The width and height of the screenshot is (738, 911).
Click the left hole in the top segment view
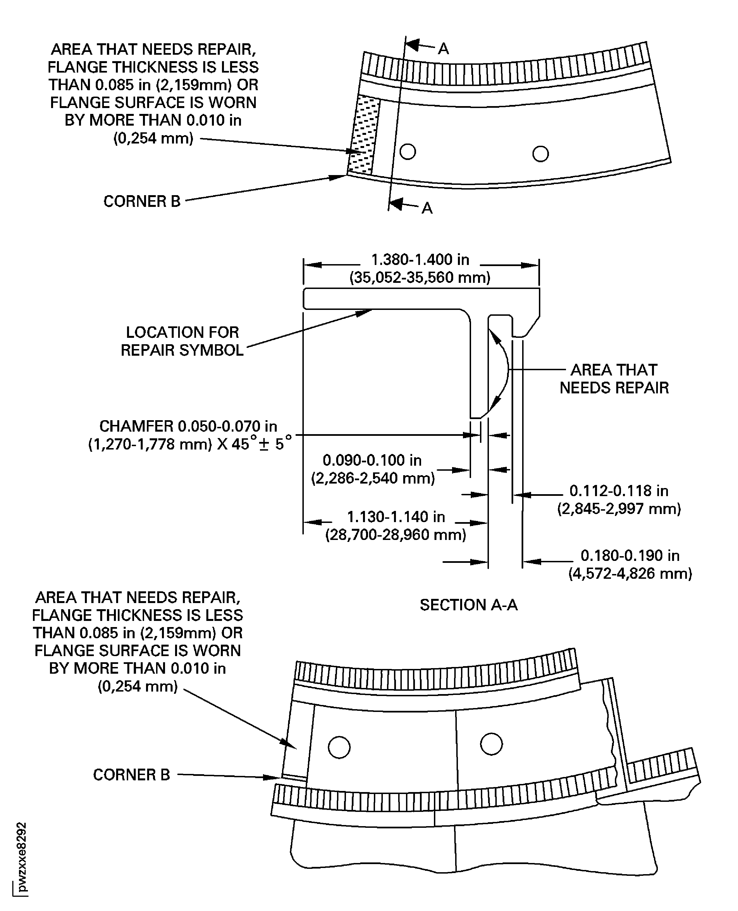(x=408, y=151)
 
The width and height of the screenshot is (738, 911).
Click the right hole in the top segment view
(x=540, y=154)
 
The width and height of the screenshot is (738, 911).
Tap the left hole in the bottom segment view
(x=339, y=747)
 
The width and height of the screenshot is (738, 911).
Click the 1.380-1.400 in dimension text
(x=420, y=259)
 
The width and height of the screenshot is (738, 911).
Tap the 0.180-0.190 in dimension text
(x=630, y=555)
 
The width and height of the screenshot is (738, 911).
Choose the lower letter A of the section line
(x=427, y=208)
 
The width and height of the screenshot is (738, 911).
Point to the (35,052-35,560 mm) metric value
(x=420, y=278)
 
